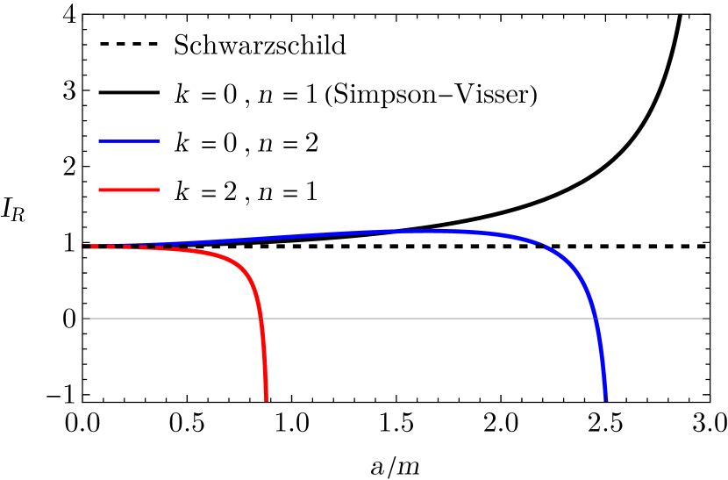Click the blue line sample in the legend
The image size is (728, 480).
[x=129, y=141]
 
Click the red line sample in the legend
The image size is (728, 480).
[x=129, y=190]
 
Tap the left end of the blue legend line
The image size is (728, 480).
[x=99, y=141]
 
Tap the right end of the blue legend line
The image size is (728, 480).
[x=159, y=141]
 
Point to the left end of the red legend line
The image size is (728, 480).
[x=99, y=190]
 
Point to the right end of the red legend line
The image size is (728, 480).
[x=159, y=190]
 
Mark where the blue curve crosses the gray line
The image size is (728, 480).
[x=596, y=319]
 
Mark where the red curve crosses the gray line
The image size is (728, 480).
[x=261, y=319]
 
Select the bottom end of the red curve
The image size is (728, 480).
[x=266, y=400]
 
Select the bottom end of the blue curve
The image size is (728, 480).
[x=605, y=400]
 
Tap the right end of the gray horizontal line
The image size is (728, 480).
[x=708, y=319]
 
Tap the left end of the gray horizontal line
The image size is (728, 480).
[x=84, y=319]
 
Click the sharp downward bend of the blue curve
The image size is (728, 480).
[x=575, y=268]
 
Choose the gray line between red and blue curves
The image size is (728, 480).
[x=430, y=319]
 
